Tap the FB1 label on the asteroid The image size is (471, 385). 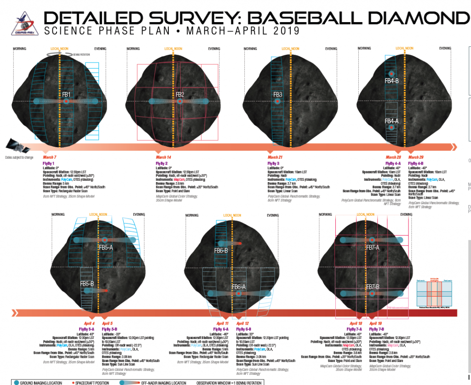pos(66,94)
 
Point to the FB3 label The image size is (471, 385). pos(277,95)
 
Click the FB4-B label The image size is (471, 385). pos(391,80)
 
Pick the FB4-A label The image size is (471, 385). pos(391,121)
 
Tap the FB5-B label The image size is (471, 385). pos(87,284)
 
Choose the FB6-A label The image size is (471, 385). pos(238,287)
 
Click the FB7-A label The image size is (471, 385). pos(373,247)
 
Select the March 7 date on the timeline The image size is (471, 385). pos(50,157)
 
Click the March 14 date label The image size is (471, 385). pos(163,157)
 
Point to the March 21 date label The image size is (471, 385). pos(275,157)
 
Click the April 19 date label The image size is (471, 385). pos(376,323)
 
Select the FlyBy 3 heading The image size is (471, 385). pos(274,163)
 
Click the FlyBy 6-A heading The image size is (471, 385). pos(220,329)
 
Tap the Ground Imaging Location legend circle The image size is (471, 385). pos(17,382)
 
